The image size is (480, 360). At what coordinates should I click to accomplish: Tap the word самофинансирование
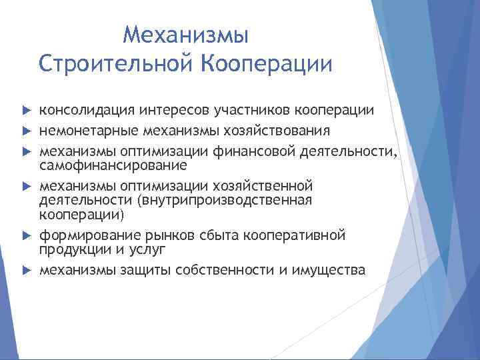[x=113, y=164]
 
